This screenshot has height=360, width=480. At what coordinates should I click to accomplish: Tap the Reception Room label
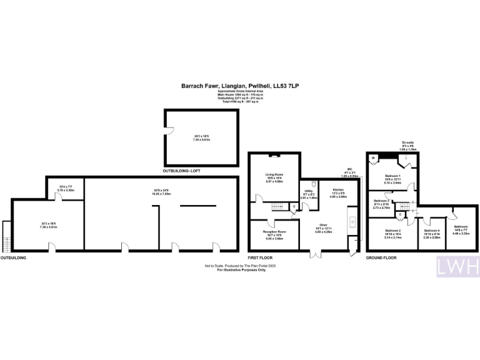274,232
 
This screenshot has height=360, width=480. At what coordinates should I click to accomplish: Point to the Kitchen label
339,189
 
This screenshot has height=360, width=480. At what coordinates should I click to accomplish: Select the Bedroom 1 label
392,176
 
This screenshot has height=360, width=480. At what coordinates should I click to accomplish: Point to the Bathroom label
461,226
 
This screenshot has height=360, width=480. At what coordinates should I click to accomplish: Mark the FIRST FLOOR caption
260,257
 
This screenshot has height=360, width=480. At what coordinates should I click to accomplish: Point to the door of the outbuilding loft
169,132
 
